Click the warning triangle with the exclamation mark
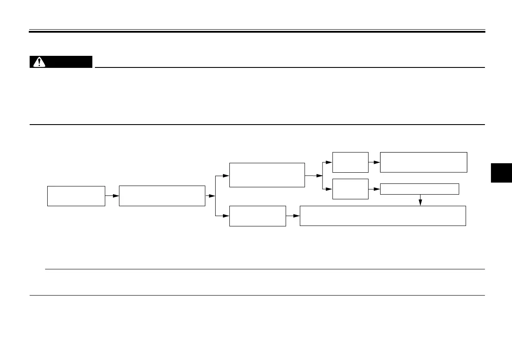[39, 62]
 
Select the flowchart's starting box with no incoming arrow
[76, 196]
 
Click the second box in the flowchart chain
[162, 196]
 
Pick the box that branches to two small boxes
[267, 175]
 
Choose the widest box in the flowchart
[382, 216]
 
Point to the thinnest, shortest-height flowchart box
[419, 189]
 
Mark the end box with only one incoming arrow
[424, 162]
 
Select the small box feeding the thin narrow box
[350, 189]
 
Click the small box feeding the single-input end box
[350, 162]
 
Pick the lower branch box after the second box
[257, 216]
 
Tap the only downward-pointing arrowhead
[420, 203]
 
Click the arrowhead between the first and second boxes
[116, 196]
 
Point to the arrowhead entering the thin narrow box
[377, 189]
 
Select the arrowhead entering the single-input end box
[377, 162]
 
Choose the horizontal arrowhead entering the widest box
[296, 216]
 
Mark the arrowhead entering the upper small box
[329, 162]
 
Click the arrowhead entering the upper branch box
[226, 176]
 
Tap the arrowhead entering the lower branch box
[226, 216]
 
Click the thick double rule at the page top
[257, 31]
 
